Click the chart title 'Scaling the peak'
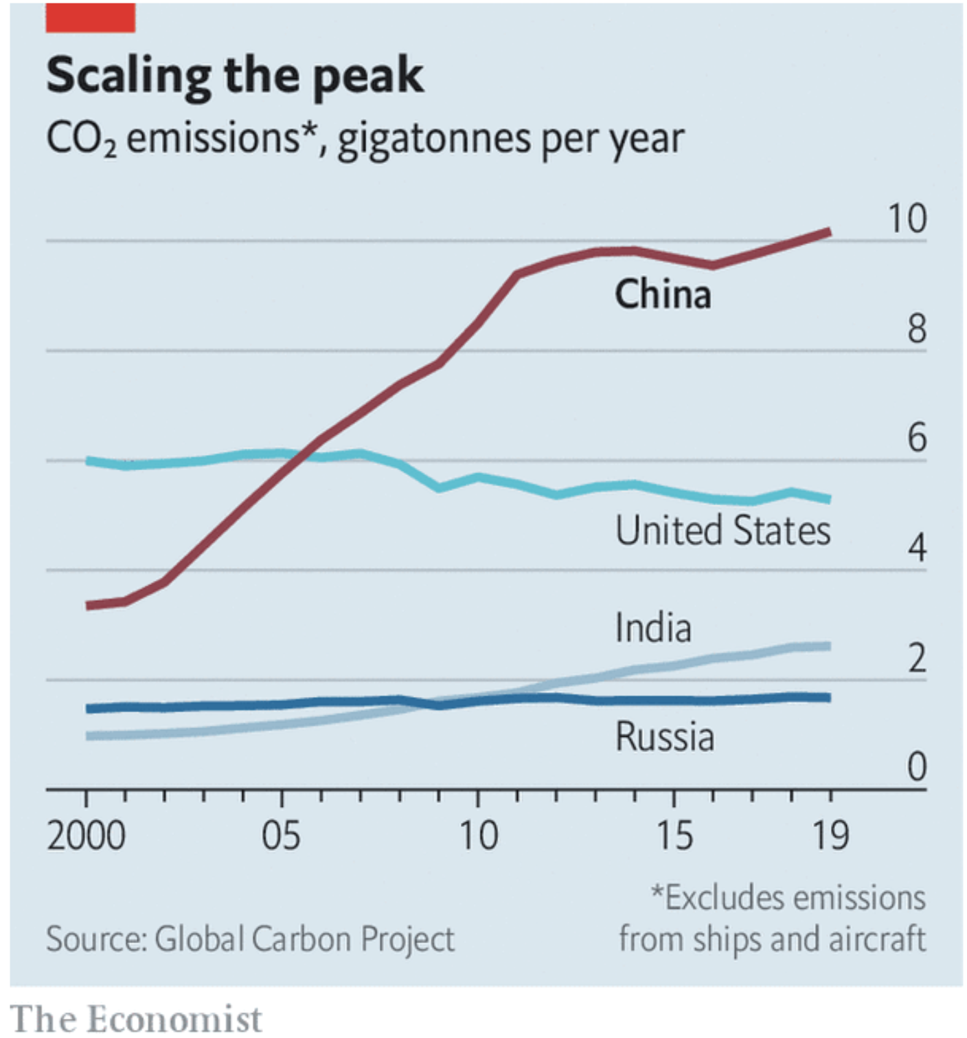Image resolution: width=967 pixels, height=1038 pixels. click(x=235, y=76)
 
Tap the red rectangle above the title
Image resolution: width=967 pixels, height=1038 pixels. click(x=90, y=17)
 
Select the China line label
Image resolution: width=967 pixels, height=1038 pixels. click(x=663, y=294)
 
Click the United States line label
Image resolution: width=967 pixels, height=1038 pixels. click(x=723, y=531)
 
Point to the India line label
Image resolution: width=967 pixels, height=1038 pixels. click(x=653, y=628)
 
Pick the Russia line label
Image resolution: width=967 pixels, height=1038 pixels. click(x=664, y=737)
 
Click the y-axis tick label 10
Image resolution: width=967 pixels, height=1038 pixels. click(x=907, y=219)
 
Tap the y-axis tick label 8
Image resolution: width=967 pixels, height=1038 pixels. click(x=916, y=329)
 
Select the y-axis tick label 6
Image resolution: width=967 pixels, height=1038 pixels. click(x=916, y=439)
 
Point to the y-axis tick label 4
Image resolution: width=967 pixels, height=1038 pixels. click(x=916, y=549)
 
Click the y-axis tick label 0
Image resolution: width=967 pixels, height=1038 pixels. click(x=916, y=767)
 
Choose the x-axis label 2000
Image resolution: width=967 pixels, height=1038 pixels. click(x=86, y=836)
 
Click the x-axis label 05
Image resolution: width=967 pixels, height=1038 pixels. click(x=281, y=836)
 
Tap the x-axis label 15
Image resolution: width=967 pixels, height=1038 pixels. click(x=674, y=836)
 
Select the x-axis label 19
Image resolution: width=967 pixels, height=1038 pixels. click(x=830, y=836)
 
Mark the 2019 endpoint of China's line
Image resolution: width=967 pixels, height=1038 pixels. click(x=829, y=232)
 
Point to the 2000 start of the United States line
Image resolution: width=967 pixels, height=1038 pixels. click(x=88, y=461)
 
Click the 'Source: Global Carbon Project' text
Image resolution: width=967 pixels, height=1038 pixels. click(x=250, y=939)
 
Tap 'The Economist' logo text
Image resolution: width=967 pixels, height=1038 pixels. click(x=136, y=1018)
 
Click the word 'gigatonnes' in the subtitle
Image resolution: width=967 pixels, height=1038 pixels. click(x=434, y=140)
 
